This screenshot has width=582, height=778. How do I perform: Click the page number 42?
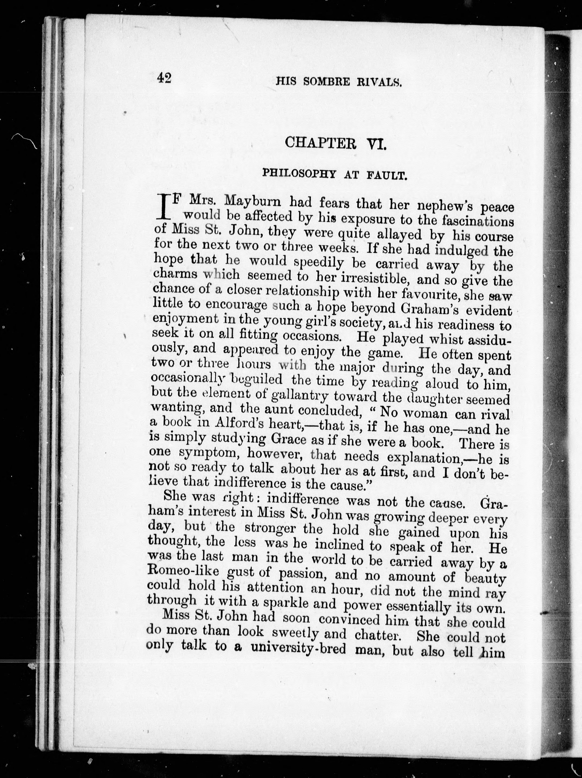(164, 78)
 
